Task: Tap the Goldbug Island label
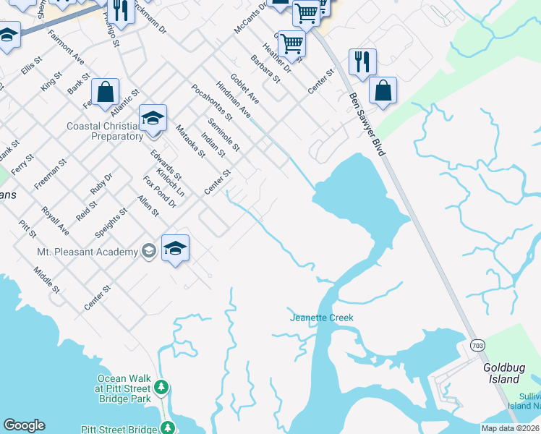tap(502, 373)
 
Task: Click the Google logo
tap(24, 425)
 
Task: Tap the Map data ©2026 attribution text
tap(510, 428)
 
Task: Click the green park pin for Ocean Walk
tap(162, 387)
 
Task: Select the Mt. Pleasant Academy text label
tap(87, 252)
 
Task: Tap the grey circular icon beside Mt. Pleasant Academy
tap(149, 252)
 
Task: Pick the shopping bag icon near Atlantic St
tap(106, 92)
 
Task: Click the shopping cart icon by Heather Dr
tap(291, 43)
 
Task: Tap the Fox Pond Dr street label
tap(159, 191)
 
